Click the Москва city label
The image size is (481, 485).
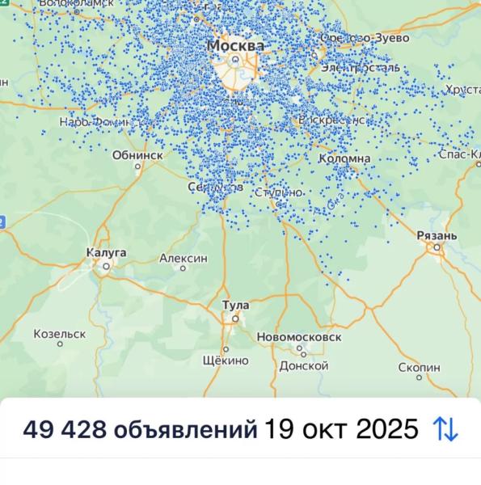click(235, 46)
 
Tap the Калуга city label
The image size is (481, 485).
click(106, 253)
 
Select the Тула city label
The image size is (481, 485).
click(235, 305)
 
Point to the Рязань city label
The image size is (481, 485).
click(437, 235)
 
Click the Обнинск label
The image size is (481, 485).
click(137, 154)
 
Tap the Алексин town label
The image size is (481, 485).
click(183, 258)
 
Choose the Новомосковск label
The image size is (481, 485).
click(298, 336)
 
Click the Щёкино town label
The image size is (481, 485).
click(225, 361)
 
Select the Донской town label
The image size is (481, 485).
click(303, 365)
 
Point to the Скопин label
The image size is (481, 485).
click(420, 367)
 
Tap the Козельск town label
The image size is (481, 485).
click(60, 333)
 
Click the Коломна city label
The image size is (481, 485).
click(345, 158)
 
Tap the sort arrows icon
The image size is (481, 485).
click(445, 429)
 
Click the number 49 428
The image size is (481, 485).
click(65, 429)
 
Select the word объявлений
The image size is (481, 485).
click(185, 429)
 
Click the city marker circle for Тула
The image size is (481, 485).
click(234, 318)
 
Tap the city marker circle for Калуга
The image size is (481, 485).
click(105, 266)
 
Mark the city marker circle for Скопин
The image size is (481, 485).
click(420, 380)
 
